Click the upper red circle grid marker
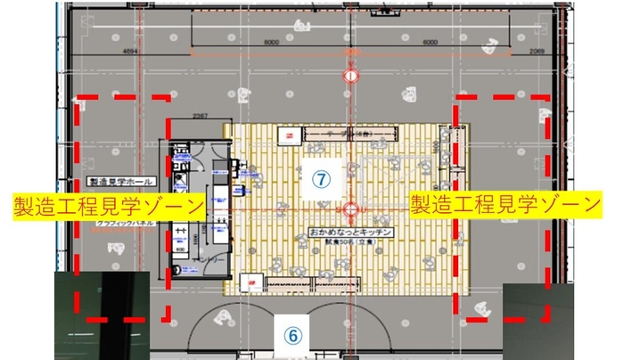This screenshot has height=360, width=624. coord(351,77)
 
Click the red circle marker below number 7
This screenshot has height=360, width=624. coord(351,210)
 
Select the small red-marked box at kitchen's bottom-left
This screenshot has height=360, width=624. coord(254,284)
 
